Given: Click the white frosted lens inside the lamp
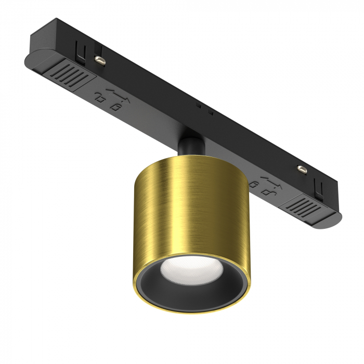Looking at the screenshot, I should tap(185, 269).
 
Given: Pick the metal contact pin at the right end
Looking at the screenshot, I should tap(300, 169).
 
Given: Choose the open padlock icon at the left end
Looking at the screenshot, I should tap(99, 96).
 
